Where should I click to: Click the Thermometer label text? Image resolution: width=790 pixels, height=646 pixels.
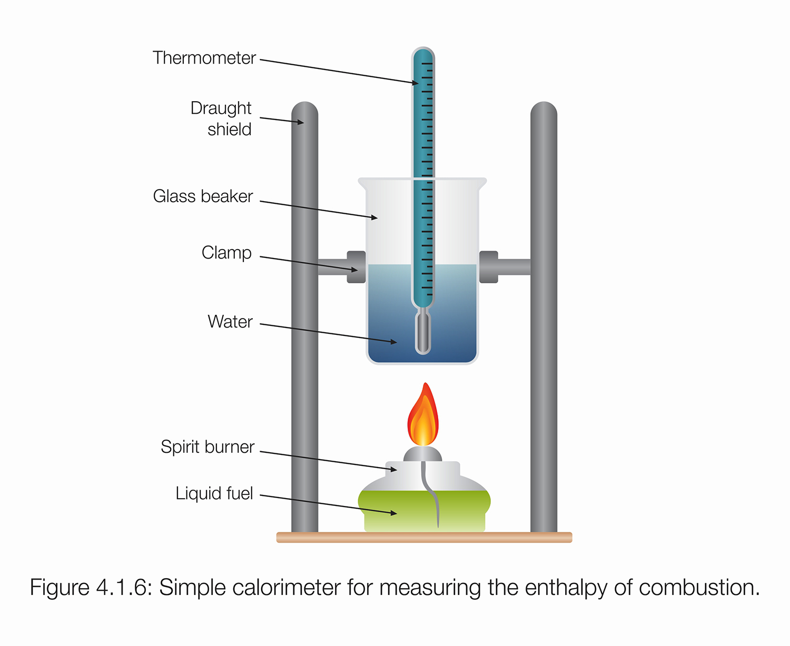204,58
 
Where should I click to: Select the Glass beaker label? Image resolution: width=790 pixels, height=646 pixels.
203,196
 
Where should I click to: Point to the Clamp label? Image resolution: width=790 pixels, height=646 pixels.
226,253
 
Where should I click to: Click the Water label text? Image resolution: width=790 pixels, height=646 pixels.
230,322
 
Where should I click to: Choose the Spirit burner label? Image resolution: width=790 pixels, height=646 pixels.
208,447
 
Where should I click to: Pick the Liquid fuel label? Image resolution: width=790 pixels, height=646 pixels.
214,493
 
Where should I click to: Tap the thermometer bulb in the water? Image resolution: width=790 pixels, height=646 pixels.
423,334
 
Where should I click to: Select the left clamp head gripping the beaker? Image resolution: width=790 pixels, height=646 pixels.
357,267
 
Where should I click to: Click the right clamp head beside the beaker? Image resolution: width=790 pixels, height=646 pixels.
488,267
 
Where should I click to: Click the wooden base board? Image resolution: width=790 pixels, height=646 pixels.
424,538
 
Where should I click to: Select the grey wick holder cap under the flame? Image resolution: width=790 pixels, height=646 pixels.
423,454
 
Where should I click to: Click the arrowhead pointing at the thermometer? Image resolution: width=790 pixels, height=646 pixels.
416,83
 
